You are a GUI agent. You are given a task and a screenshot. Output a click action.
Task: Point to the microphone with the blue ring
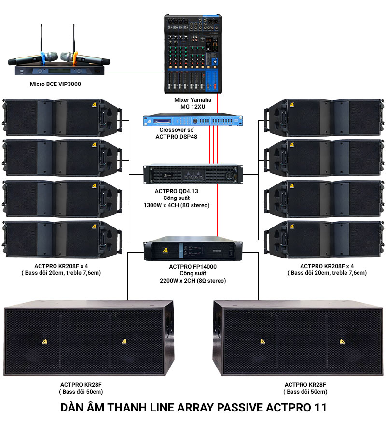click(29, 60)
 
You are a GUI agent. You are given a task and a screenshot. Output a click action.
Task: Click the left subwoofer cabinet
click(88, 338)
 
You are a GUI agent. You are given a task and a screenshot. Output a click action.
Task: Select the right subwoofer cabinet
click(298, 338)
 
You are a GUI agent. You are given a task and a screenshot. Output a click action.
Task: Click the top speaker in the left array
click(60, 117)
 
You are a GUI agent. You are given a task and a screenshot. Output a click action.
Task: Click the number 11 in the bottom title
click(319, 407)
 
